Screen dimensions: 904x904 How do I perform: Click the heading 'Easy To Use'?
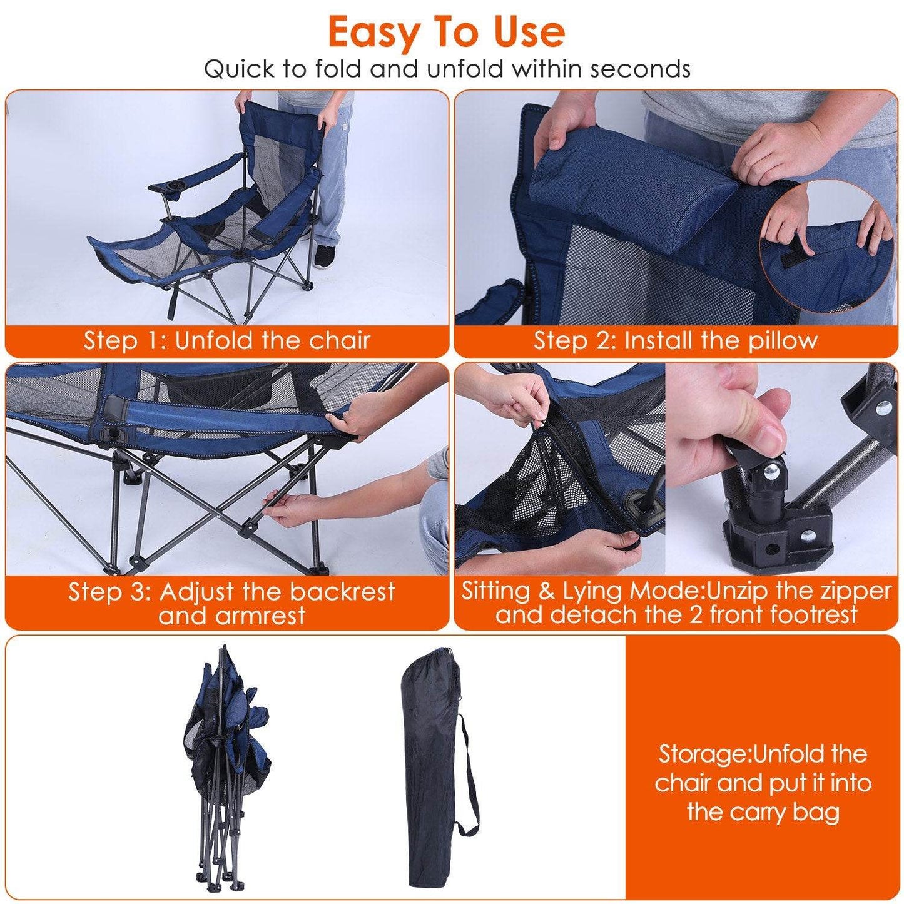[446, 33]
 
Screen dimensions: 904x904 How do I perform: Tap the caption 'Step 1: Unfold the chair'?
[227, 341]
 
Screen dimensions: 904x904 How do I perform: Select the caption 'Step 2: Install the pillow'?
[676, 341]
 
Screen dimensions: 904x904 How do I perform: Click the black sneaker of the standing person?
[325, 255]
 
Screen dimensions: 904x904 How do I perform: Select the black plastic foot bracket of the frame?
[776, 538]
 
